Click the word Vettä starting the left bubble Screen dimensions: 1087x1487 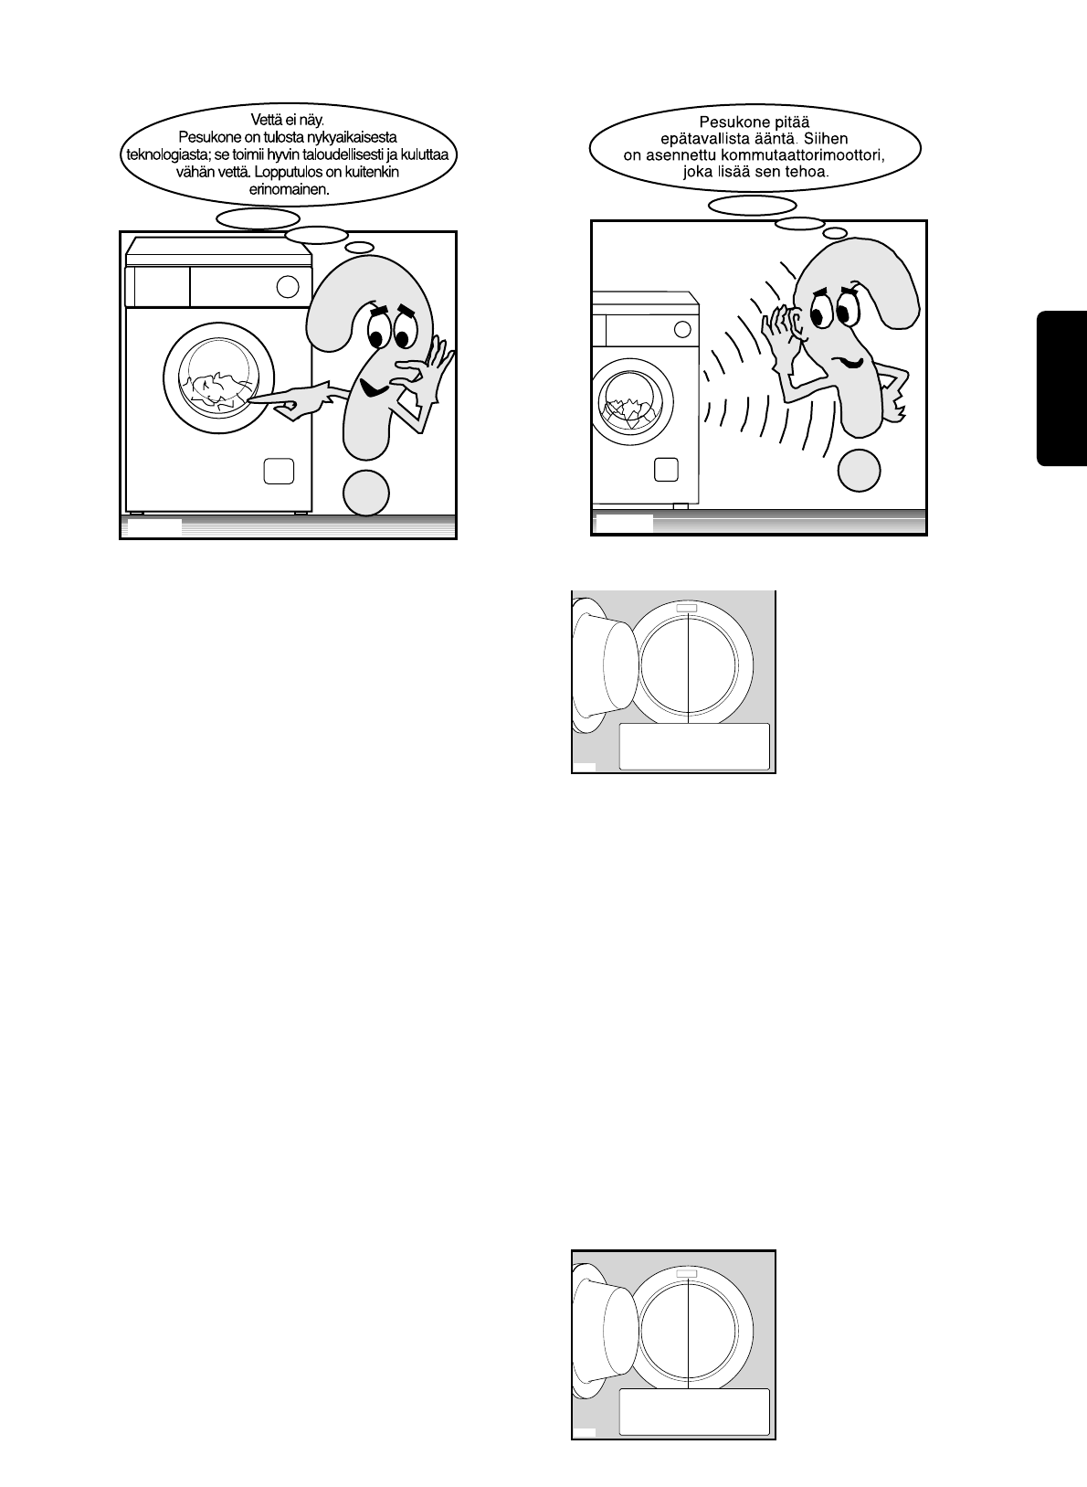266,120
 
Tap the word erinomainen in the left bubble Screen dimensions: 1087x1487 289,189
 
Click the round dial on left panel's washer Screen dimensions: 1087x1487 288,287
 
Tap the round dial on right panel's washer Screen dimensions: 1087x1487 682,329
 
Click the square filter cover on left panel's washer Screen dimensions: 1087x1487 279,471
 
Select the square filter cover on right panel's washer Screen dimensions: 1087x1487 666,470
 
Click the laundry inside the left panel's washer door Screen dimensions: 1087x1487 216,389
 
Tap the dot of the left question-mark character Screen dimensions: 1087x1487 365,494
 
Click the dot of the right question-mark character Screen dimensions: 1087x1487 860,470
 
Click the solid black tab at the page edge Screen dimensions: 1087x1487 1061,388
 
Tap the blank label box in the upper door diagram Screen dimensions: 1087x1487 694,747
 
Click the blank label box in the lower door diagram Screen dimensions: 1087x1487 694,1411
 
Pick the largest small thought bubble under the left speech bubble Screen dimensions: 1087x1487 259,218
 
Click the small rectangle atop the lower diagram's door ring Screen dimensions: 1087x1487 687,1274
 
